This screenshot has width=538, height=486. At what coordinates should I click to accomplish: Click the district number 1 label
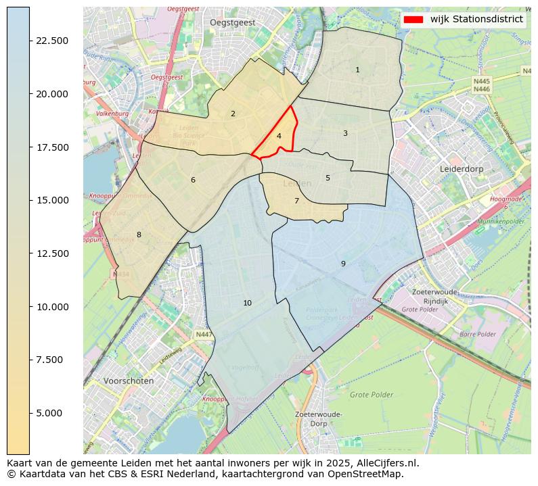pos(357,70)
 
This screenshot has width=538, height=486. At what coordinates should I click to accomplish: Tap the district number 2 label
pos(233,114)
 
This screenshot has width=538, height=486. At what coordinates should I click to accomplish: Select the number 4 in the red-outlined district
pos(279,137)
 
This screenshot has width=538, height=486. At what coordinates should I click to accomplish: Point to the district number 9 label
pos(343,264)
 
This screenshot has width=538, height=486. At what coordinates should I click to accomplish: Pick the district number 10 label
pos(247,303)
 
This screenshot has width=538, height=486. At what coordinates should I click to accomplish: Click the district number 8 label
pos(139,235)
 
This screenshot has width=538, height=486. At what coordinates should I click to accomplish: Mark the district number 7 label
pos(296,201)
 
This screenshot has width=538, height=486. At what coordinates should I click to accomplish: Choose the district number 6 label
pos(193,180)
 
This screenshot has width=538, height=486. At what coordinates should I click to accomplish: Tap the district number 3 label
pos(345,134)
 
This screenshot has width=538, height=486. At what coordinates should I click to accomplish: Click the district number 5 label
pos(328,178)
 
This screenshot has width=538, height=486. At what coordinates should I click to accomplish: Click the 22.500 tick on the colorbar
pos(51,41)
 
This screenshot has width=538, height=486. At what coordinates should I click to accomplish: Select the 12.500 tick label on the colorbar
pos(51,253)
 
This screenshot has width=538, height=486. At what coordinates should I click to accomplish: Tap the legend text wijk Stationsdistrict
pos(476,20)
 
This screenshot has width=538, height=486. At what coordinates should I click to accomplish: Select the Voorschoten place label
pos(129,381)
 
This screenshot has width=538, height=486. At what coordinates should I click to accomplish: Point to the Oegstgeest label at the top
pos(232,22)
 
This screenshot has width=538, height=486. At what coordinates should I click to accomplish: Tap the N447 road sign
pos(204,335)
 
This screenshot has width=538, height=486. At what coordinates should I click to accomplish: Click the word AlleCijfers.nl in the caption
pos(388,464)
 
